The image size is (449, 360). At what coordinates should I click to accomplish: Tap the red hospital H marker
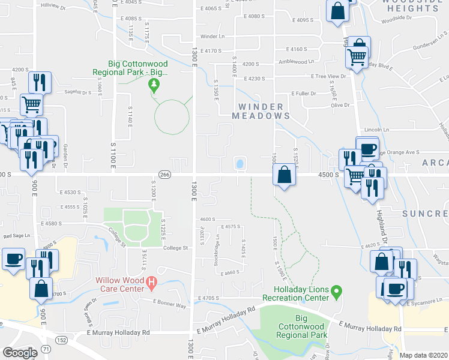152,281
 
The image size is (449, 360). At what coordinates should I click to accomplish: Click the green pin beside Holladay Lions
337,292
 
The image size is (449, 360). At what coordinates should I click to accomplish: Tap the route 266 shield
165,175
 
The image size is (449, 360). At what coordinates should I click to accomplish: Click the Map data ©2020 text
423,355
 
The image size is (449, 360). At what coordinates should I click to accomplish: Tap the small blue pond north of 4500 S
240,163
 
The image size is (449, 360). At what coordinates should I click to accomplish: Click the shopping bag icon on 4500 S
285,175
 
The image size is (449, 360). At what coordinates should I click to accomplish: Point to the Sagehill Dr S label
77,92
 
